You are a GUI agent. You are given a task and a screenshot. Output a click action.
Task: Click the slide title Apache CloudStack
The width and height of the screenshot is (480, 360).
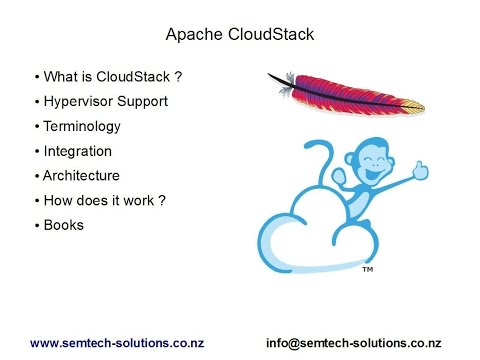[239, 35]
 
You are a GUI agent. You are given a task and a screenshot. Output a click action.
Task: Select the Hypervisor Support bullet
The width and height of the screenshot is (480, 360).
[105, 102]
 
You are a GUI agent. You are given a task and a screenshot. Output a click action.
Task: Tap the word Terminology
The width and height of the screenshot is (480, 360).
[82, 127]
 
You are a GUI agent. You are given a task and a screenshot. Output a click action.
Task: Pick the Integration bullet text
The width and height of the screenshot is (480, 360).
[78, 151]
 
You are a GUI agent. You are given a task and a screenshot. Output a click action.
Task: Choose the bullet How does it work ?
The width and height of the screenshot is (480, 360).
[104, 200]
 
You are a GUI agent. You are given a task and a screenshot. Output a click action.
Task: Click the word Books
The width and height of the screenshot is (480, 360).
[64, 225]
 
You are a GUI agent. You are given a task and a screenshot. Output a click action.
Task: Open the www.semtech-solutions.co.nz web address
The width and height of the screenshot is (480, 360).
[117, 341]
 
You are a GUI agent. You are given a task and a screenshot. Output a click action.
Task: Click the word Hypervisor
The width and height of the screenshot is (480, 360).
[81, 102]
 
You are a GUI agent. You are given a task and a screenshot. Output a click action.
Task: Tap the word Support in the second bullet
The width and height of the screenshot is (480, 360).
[143, 102]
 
